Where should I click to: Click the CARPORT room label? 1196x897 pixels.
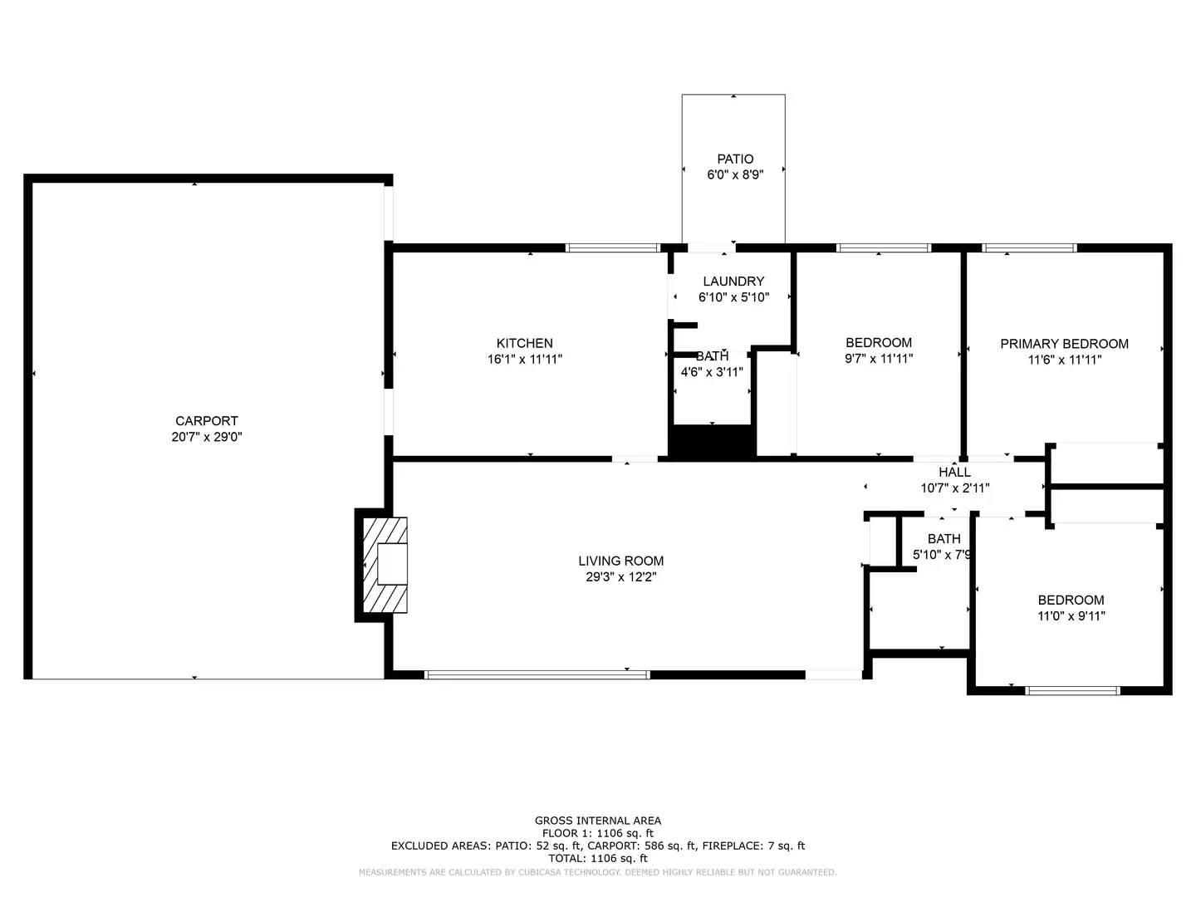point(206,421)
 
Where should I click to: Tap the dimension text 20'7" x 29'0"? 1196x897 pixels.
point(206,437)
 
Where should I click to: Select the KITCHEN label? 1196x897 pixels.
point(524,343)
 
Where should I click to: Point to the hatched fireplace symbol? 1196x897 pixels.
point(386,565)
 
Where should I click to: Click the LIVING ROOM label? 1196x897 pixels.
point(620,561)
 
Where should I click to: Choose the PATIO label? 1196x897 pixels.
point(735,159)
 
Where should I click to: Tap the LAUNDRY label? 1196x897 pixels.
point(733,282)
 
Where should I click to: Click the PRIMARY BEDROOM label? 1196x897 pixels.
point(1064,344)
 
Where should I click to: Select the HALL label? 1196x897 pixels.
point(954,472)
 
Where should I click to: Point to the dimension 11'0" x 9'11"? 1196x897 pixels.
point(1071,616)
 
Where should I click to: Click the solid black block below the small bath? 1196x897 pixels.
point(712,442)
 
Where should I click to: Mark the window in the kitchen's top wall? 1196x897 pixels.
point(613,248)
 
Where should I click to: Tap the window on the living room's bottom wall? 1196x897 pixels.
point(537,674)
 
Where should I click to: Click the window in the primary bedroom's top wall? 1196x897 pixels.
point(1029,248)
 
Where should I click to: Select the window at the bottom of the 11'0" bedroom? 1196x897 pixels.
point(1073,690)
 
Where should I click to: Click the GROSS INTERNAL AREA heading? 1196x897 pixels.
point(597,821)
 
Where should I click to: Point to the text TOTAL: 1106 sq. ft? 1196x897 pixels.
point(597,859)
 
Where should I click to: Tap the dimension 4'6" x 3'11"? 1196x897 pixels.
point(712,372)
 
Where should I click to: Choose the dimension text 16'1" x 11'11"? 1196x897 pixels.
point(524,360)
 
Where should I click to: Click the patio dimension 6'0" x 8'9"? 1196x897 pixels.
point(735,174)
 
